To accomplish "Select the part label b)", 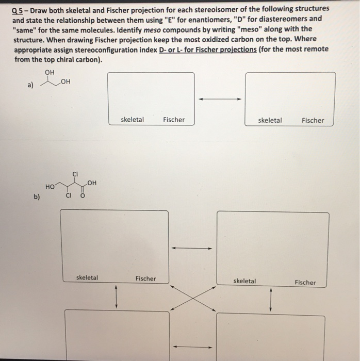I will tap(37, 196).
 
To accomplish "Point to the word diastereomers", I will tap(277, 19).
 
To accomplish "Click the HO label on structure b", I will tap(50, 187).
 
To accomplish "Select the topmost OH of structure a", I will tap(50, 72).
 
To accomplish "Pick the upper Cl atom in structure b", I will tap(75, 174).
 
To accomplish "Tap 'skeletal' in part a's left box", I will tap(132, 120).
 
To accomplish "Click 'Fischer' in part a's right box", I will tap(313, 121).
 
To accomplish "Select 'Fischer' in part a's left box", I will tap(173, 120).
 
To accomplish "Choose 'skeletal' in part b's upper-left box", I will tap(87, 277).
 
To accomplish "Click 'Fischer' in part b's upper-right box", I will tap(305, 282).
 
